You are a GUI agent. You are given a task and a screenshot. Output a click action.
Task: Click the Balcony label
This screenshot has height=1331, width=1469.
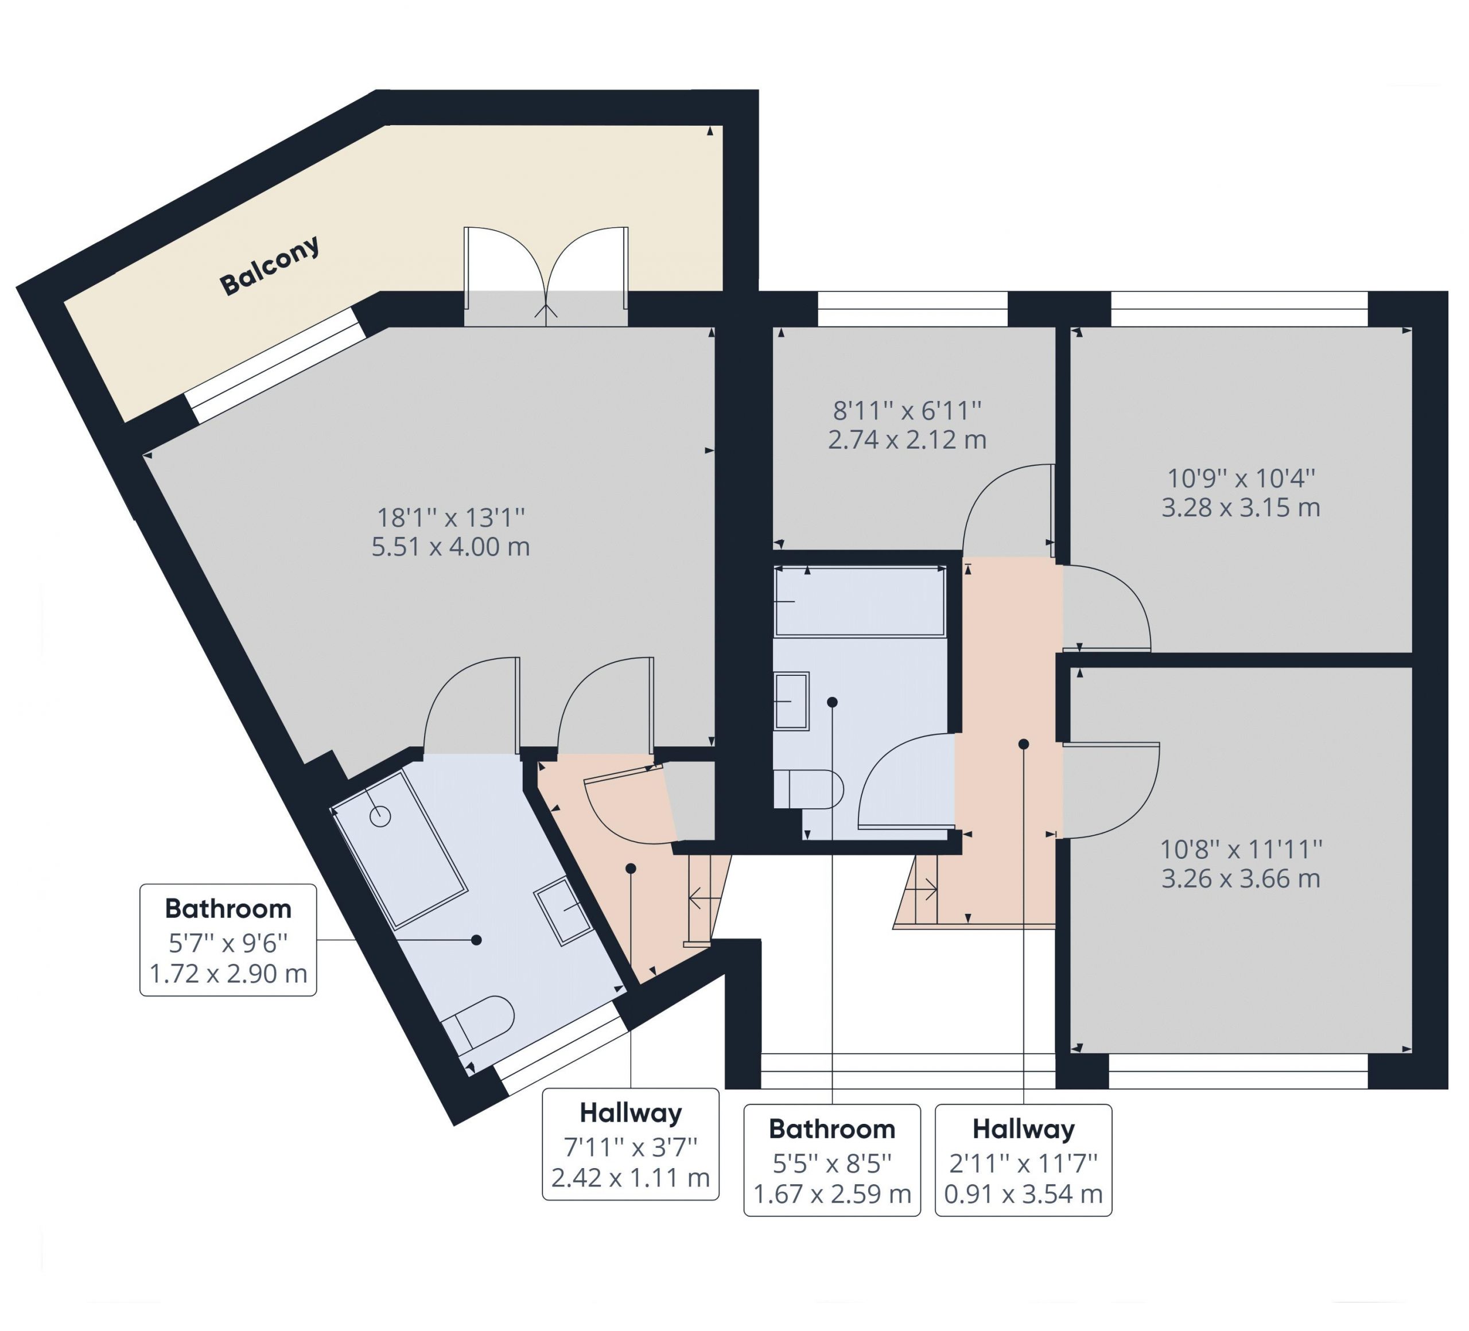[270, 265]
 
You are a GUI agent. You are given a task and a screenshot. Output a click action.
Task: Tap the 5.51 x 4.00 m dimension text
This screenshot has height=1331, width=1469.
[451, 546]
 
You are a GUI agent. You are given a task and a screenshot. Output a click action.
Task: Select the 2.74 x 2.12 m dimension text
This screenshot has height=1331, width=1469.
[907, 439]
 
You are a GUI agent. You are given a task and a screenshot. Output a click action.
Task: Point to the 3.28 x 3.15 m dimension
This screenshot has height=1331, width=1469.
[1241, 507]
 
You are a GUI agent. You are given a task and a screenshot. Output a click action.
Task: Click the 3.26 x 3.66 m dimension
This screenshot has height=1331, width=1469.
[1241, 878]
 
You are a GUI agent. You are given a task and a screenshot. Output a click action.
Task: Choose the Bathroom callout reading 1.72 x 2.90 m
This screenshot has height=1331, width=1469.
[228, 940]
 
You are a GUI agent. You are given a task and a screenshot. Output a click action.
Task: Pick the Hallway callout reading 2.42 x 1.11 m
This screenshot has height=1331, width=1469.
[631, 1144]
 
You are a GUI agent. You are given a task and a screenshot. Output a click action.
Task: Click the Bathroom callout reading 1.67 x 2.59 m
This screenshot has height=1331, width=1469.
[832, 1161]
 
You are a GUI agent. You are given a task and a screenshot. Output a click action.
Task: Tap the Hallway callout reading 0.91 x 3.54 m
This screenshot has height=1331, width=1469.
[1024, 1161]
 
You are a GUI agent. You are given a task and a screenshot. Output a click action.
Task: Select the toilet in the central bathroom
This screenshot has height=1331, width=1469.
[809, 788]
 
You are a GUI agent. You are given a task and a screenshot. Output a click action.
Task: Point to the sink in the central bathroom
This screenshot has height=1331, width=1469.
[791, 701]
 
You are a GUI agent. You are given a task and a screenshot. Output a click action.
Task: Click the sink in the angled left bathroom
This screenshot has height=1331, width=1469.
[565, 912]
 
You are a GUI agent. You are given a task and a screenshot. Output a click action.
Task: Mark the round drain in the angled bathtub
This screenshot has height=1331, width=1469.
[380, 816]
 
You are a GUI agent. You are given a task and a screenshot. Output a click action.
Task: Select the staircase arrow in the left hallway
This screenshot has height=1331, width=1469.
[705, 898]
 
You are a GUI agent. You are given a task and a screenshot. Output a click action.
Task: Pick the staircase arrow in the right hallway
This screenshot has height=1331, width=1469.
[921, 888]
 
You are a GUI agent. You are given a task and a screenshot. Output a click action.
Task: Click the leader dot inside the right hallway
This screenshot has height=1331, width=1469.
[1024, 744]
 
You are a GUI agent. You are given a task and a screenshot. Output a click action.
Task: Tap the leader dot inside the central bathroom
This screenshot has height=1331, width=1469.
[832, 702]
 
